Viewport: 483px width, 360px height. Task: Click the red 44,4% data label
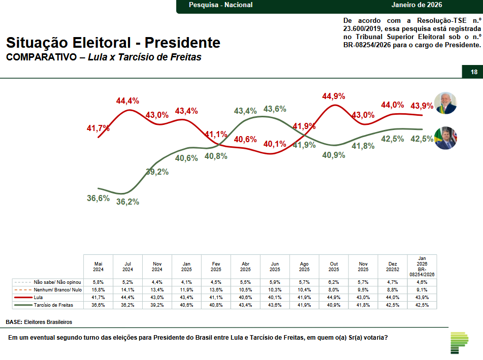127,101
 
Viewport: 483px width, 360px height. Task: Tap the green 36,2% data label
127,202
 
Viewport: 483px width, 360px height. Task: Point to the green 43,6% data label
275,109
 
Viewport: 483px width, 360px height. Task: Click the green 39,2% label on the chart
157,172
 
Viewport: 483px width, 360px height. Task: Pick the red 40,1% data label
275,144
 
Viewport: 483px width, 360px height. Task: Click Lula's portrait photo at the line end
445,104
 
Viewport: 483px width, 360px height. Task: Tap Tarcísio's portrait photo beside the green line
445,138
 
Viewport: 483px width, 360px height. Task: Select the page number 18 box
473,72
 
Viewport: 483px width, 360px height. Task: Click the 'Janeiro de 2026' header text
416,5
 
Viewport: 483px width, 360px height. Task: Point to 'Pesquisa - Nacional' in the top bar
220,5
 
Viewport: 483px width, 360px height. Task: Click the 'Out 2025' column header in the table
334,267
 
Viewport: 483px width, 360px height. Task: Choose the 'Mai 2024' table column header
99,267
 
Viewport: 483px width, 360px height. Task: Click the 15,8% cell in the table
99,289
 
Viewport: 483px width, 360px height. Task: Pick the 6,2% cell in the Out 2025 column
334,281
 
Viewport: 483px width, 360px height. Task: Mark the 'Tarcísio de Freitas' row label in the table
53,305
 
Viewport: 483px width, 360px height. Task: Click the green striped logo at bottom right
459,343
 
